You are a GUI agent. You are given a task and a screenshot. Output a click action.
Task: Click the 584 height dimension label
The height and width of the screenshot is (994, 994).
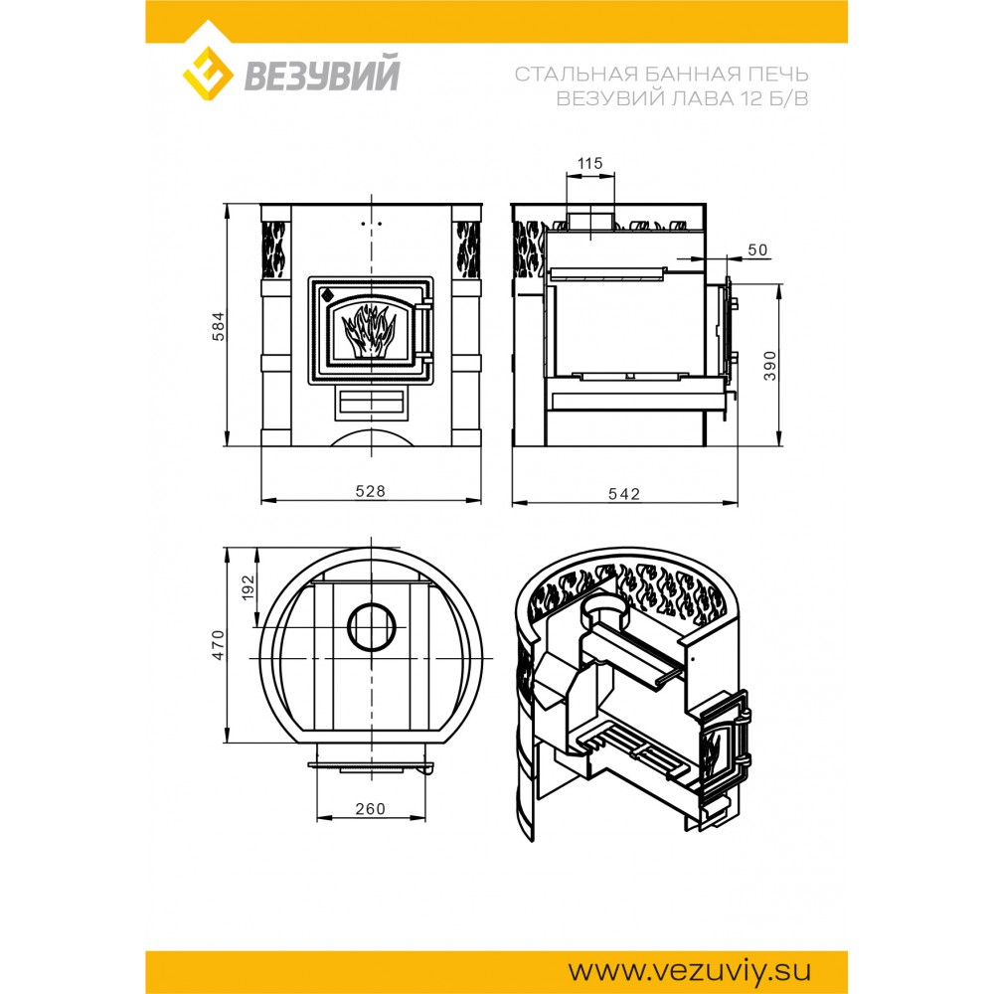(219, 326)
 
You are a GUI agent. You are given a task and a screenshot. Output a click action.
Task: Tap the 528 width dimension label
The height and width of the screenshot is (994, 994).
(370, 491)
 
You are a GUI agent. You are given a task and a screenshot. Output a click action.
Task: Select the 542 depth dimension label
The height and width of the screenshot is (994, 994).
(624, 494)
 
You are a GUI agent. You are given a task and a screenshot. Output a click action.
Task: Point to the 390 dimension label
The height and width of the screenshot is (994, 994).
(769, 365)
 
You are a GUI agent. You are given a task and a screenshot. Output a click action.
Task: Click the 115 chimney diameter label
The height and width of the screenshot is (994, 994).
(589, 164)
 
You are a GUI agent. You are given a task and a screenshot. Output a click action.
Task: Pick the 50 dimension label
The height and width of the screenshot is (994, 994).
(757, 249)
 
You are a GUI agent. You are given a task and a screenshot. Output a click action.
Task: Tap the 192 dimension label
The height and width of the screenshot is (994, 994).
(248, 587)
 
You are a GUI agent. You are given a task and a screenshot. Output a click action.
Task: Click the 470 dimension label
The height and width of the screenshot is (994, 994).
(219, 645)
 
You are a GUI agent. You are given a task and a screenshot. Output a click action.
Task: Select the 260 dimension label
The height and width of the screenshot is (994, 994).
(370, 809)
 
